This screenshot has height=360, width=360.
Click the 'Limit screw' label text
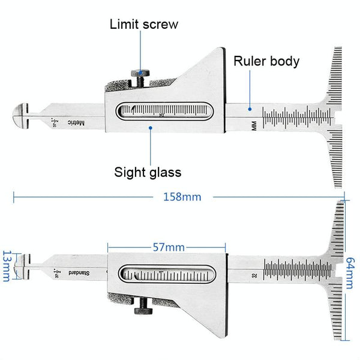click(x=144, y=25)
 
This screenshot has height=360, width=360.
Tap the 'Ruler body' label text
click(x=266, y=61)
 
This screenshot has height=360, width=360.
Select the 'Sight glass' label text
click(x=148, y=172)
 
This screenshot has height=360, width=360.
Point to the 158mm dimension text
click(x=182, y=196)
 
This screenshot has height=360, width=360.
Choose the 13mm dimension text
click(x=7, y=265)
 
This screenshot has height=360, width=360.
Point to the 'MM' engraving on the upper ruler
click(x=254, y=125)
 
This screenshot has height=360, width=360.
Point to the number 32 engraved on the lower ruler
click(x=255, y=276)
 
